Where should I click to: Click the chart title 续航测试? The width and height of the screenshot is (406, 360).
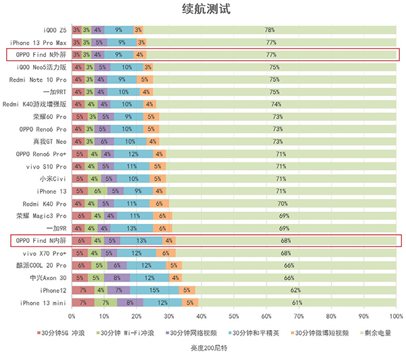(x=202, y=9)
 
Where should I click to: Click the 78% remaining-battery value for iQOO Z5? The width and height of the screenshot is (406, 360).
(x=269, y=30)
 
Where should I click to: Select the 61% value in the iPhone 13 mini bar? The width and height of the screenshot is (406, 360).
(x=297, y=302)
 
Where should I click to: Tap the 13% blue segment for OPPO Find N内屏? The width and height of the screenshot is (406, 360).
(x=141, y=240)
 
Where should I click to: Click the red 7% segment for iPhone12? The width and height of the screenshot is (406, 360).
(x=83, y=290)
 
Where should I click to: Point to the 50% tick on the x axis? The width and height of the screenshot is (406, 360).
(x=233, y=315)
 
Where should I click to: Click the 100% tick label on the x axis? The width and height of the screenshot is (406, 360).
(x=396, y=315)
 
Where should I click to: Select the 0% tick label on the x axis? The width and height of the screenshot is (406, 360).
(x=71, y=315)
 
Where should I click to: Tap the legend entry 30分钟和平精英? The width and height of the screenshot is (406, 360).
(x=256, y=333)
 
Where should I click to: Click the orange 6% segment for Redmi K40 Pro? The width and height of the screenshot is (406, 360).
(x=159, y=203)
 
